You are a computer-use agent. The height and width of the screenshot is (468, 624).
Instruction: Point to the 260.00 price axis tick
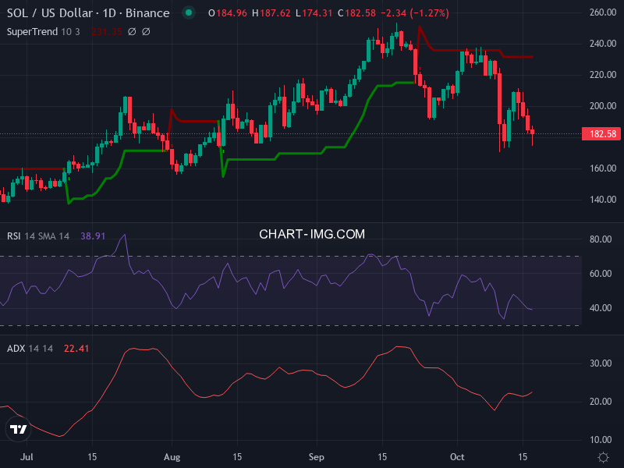[x=604, y=13]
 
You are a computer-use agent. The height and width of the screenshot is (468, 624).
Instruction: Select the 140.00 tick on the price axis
[x=604, y=200]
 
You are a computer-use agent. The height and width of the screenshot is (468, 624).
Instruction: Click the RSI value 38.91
[x=93, y=236]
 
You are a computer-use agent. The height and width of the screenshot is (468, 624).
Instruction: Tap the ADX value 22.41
[x=76, y=349]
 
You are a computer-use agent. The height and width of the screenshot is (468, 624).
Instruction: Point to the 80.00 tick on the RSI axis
[x=600, y=239]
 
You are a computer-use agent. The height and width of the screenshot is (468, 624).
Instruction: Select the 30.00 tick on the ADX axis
[x=600, y=363]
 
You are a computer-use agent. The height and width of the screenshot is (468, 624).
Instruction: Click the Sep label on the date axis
[x=316, y=456]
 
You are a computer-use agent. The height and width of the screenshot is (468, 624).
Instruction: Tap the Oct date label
[x=459, y=456]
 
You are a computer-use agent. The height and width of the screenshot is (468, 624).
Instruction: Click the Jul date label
[x=26, y=456]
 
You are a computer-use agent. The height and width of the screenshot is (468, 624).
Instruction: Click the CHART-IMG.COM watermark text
[x=312, y=234]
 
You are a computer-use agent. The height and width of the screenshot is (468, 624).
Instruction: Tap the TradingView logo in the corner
[x=19, y=429]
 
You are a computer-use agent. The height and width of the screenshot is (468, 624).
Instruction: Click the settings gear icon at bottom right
[x=603, y=456]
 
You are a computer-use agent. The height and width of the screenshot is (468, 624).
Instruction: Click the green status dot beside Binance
[x=188, y=13]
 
